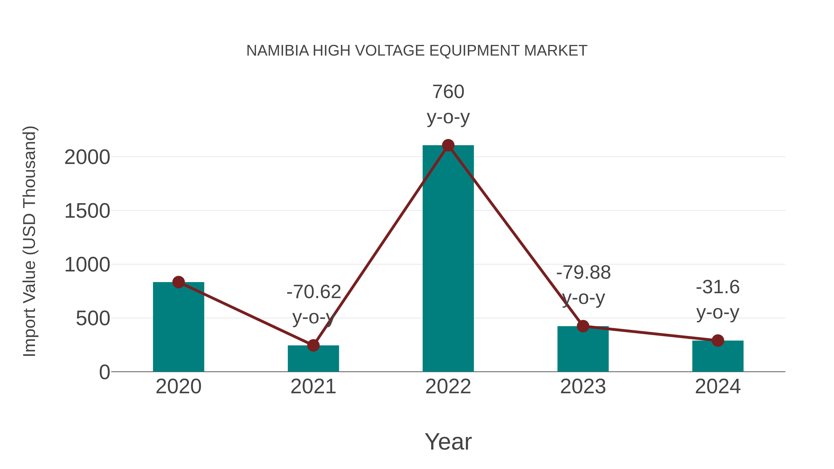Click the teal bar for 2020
178,327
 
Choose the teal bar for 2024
718,356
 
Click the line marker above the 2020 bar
178,282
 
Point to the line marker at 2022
448,145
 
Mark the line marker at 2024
718,340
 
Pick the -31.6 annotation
718,287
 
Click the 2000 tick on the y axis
87,158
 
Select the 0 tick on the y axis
104,372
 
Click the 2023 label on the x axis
583,387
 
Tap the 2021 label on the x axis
313,387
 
